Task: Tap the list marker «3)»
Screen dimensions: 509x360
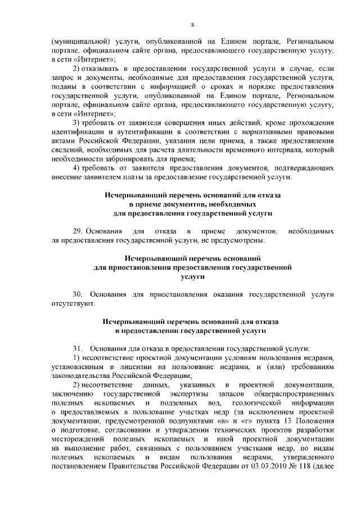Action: pos(78,123)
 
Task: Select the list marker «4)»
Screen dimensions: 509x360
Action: pos(78,168)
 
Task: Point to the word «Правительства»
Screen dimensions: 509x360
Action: pos(152,466)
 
